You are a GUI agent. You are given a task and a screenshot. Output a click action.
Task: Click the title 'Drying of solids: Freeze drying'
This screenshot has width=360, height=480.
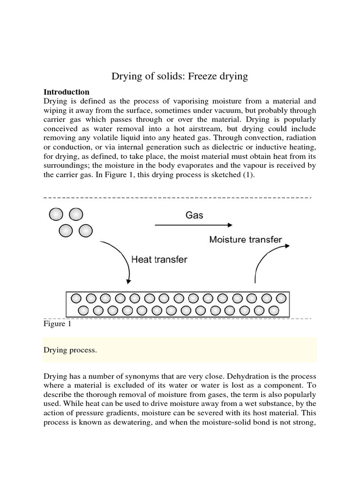(x=180, y=76)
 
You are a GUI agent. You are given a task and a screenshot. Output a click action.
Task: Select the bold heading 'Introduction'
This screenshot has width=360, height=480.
(x=66, y=92)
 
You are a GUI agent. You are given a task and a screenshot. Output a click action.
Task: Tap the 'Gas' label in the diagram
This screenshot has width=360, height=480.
(x=194, y=215)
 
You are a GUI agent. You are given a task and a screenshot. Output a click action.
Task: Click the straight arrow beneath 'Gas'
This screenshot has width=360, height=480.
(x=193, y=225)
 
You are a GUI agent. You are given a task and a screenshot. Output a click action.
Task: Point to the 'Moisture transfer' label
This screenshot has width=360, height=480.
(x=246, y=240)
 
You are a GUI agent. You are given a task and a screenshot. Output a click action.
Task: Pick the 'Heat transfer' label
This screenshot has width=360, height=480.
(x=159, y=259)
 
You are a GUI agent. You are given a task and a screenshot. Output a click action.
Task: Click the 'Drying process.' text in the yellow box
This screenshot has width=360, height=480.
(x=70, y=350)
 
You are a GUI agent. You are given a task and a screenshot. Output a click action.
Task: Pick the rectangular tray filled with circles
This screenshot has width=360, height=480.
(x=177, y=304)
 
